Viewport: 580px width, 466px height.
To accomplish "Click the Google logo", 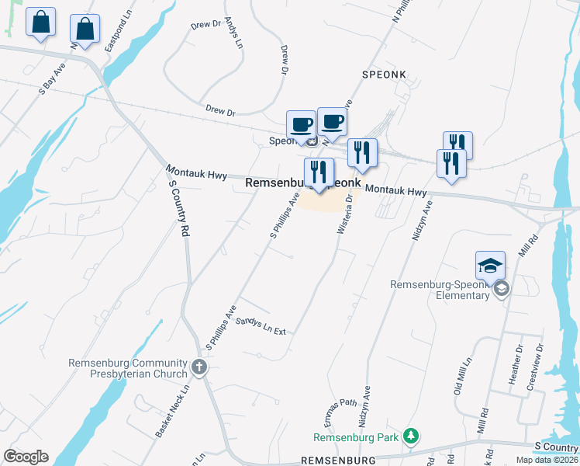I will (26, 457).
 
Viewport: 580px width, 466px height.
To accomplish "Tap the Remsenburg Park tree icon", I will (413, 437).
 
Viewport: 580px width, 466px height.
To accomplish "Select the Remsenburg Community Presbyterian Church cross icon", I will (200, 367).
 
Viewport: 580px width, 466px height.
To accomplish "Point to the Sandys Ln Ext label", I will (261, 325).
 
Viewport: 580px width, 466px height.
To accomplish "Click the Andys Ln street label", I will (233, 30).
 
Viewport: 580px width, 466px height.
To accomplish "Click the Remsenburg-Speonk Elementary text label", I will (440, 290).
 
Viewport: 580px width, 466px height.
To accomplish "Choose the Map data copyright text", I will (546, 460).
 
